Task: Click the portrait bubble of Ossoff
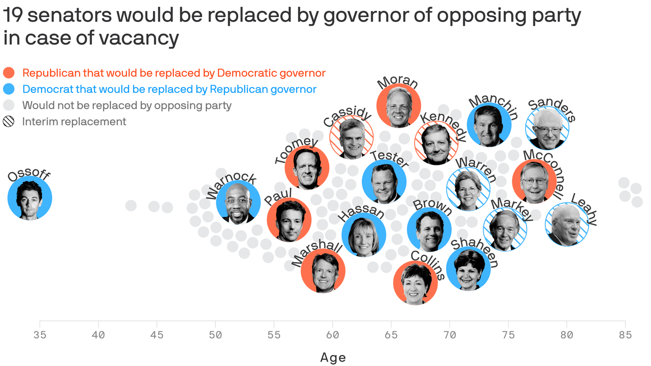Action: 30,198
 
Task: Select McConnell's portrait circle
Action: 534,182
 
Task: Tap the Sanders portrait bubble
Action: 547,128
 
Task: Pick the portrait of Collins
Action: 415,283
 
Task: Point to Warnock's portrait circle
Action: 238,203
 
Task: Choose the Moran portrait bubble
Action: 398,105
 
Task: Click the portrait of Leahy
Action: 567,224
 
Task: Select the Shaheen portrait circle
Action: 468,269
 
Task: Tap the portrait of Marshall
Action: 323,271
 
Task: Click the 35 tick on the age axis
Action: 40,335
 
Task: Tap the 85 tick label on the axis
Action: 624,335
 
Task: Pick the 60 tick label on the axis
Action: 332,335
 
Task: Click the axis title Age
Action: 333,357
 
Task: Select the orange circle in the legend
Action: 9,73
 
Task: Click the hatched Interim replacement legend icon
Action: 9,122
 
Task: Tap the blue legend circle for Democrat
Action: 9,89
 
